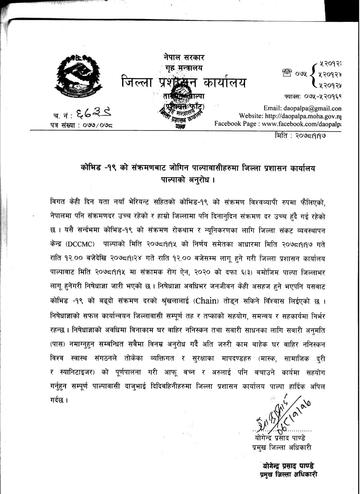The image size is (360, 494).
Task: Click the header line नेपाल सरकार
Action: pos(183,57)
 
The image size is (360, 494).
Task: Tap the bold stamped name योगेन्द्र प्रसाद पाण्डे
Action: pos(288,466)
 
